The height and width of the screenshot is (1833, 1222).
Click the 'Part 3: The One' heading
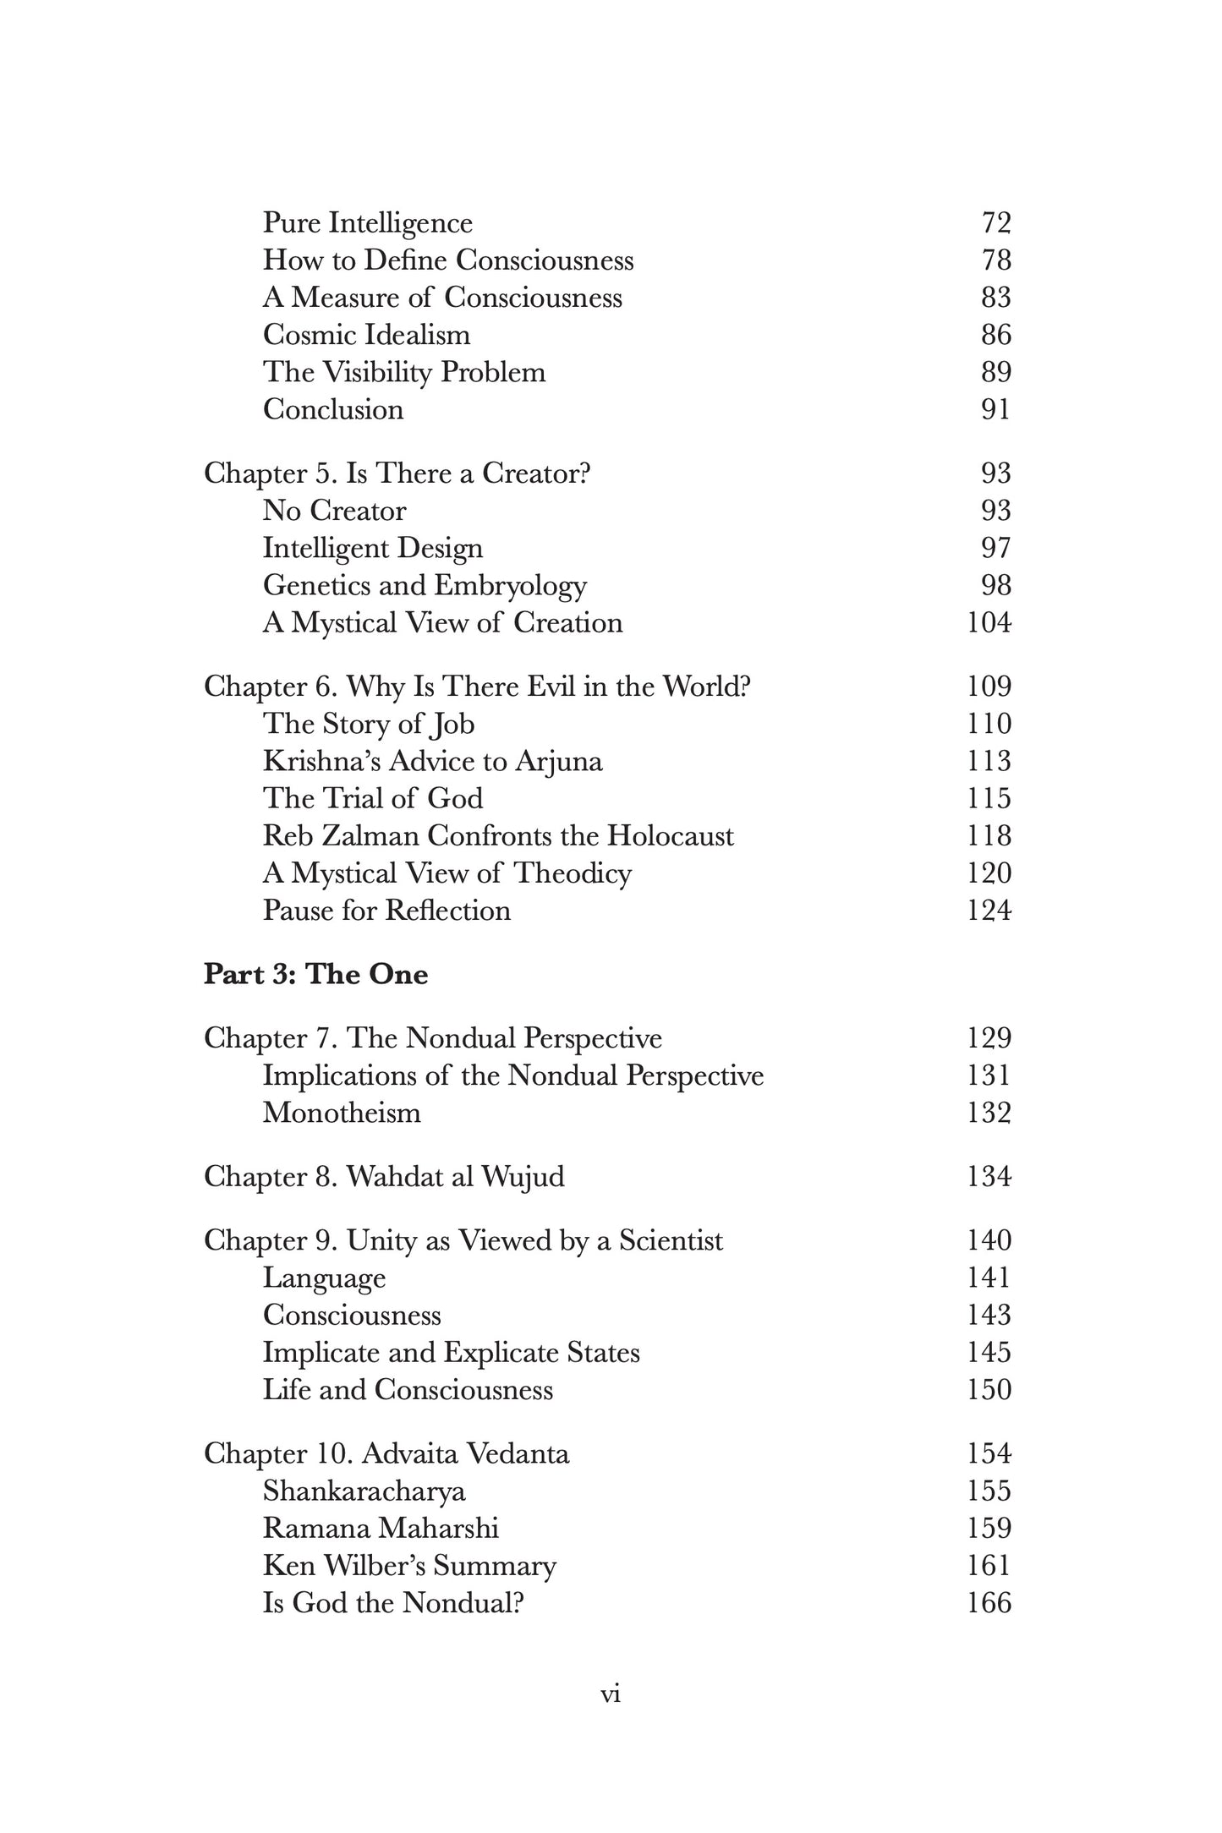(x=315, y=975)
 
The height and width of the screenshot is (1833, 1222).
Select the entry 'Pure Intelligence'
(x=367, y=223)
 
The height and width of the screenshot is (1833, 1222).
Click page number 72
(x=996, y=223)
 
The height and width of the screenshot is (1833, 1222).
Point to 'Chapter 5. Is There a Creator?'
(x=397, y=473)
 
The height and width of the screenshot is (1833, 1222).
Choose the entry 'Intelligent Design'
(x=372, y=548)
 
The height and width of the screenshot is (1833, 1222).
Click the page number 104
(x=989, y=623)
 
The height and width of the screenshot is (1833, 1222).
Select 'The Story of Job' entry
(x=369, y=725)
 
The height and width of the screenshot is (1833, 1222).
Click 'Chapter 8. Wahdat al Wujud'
(x=384, y=1177)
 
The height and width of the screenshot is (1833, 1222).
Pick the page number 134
(x=989, y=1177)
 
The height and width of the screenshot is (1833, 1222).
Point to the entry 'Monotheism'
(x=342, y=1113)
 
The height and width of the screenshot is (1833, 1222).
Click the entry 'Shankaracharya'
(x=364, y=1491)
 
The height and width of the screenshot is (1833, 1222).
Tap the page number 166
(x=989, y=1603)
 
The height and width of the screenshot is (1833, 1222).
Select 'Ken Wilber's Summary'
(x=409, y=1566)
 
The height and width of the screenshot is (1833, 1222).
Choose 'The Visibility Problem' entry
(x=403, y=372)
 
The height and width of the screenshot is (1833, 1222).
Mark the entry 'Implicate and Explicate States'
(x=451, y=1353)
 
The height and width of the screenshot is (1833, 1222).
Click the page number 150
(x=989, y=1390)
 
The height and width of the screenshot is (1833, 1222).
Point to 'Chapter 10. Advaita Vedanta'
(x=386, y=1454)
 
